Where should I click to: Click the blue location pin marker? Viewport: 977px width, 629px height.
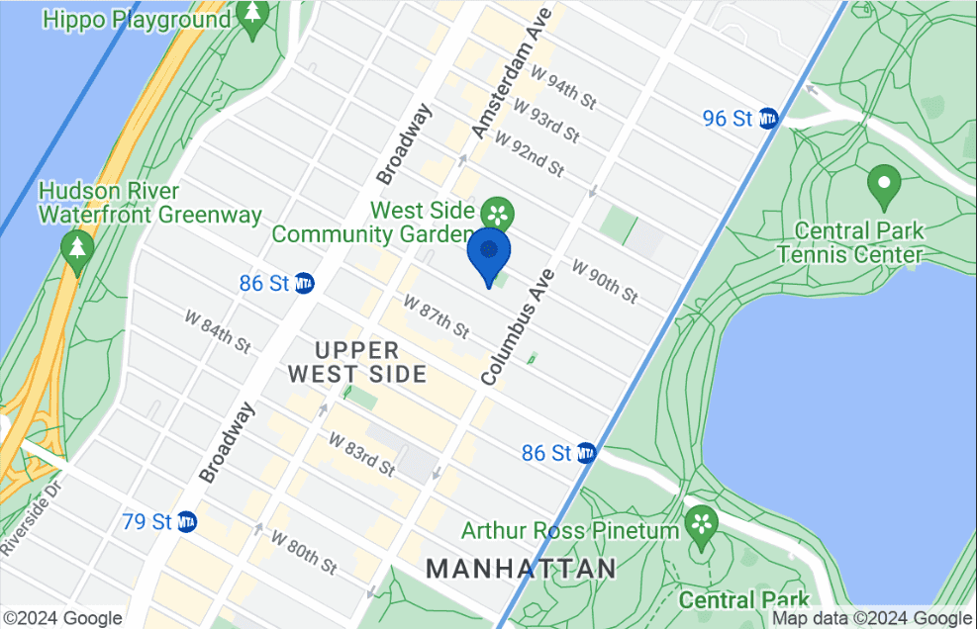click(488, 253)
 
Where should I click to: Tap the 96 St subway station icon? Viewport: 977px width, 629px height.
click(768, 119)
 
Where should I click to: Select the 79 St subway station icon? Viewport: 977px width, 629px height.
click(186, 521)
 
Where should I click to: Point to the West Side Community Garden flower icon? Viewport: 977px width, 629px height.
click(497, 213)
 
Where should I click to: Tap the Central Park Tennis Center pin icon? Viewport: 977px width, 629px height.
click(883, 184)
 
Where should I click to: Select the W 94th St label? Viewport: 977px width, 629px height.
click(564, 86)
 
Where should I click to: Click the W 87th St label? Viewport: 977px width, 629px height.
click(436, 314)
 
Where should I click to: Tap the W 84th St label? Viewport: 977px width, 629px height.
click(218, 330)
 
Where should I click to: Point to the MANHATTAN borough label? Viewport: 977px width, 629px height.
click(522, 569)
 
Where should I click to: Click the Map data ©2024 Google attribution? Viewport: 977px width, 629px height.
click(872, 619)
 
